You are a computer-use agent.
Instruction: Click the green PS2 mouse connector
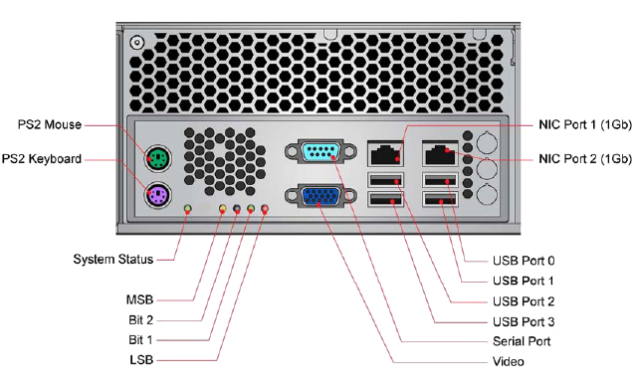click(x=158, y=158)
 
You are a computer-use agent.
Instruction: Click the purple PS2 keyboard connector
click(x=158, y=195)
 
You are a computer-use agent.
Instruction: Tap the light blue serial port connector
click(x=320, y=152)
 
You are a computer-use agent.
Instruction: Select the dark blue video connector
click(x=320, y=196)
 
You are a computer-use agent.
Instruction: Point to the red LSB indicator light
click(x=265, y=209)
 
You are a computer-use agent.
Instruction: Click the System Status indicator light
click(x=187, y=209)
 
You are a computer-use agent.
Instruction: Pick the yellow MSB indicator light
click(x=223, y=209)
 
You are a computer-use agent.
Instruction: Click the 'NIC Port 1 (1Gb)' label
click(x=585, y=124)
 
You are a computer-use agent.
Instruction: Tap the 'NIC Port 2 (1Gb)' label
click(x=585, y=159)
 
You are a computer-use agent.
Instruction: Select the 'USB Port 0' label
click(x=524, y=261)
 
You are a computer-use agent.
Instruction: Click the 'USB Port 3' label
click(x=524, y=322)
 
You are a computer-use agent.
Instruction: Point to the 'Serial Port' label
click(x=522, y=341)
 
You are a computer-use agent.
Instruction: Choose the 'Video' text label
click(x=509, y=361)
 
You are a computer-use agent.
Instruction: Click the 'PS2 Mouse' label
click(x=50, y=124)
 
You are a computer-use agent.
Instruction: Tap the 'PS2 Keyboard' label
click(x=42, y=159)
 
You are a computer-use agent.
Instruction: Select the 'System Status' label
click(x=112, y=259)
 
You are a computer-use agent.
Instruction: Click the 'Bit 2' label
click(x=141, y=320)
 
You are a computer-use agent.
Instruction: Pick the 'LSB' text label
click(x=141, y=360)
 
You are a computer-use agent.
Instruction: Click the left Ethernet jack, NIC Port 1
click(x=385, y=153)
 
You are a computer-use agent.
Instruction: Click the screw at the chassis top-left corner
click(x=137, y=42)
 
